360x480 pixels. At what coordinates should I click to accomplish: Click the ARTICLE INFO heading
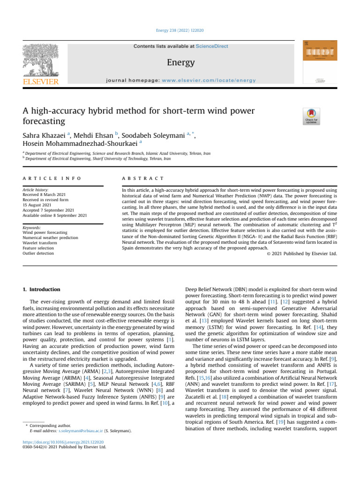52,179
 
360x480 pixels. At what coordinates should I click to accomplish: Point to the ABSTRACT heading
143,179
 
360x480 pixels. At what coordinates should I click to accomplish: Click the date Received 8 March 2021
45,195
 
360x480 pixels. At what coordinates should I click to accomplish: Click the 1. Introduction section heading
42,290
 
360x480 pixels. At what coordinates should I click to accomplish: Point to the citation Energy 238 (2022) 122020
180,30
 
